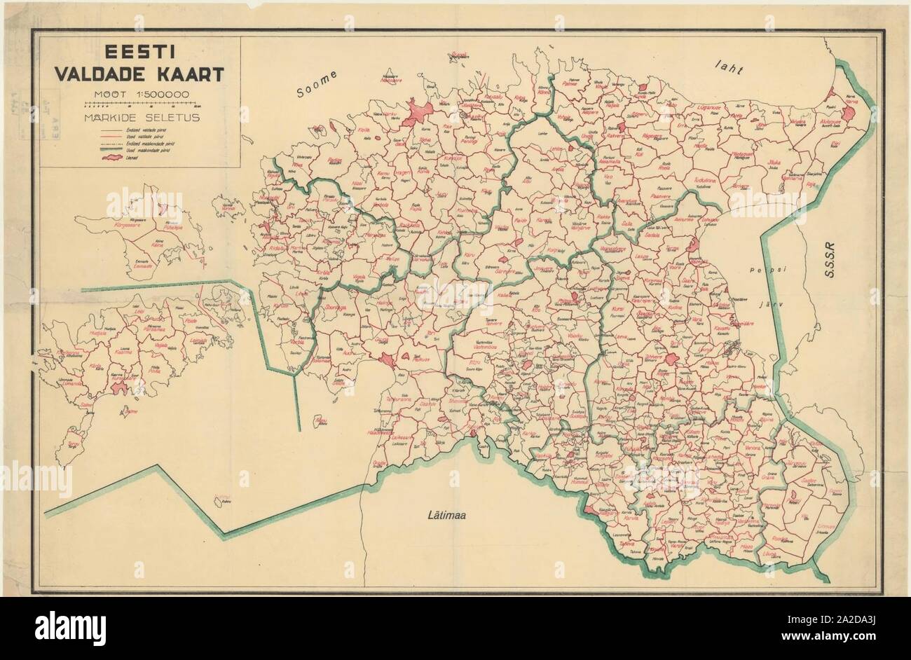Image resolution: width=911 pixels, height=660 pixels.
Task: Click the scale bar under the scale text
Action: (x=139, y=104)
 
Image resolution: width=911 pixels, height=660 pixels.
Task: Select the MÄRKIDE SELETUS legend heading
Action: (x=139, y=117)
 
